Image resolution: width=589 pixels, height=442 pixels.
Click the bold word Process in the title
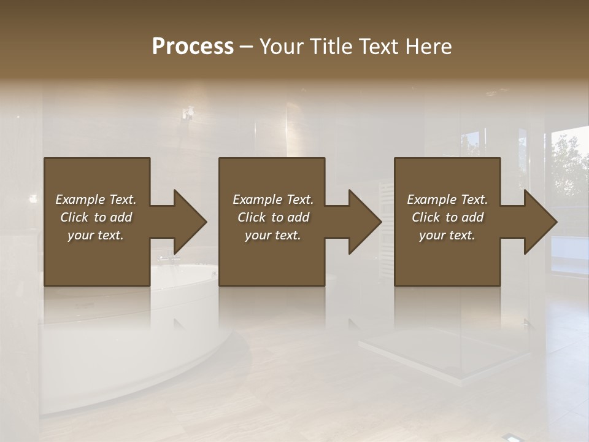(193, 47)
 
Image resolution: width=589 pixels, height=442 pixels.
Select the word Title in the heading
(331, 47)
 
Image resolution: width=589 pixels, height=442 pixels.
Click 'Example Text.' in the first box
(96, 200)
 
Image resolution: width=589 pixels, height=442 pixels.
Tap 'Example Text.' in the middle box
(272, 200)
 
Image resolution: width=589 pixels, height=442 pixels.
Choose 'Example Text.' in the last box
(447, 200)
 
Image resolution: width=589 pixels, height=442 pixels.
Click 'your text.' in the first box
(96, 235)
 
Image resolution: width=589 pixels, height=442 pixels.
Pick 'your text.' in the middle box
(272, 235)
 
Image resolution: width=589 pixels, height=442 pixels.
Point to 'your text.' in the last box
(447, 235)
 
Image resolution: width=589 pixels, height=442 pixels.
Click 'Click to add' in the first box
(96, 217)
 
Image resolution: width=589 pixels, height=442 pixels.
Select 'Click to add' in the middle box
(272, 217)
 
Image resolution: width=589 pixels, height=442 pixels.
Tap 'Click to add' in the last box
(447, 217)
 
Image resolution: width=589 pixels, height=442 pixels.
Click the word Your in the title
(282, 47)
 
